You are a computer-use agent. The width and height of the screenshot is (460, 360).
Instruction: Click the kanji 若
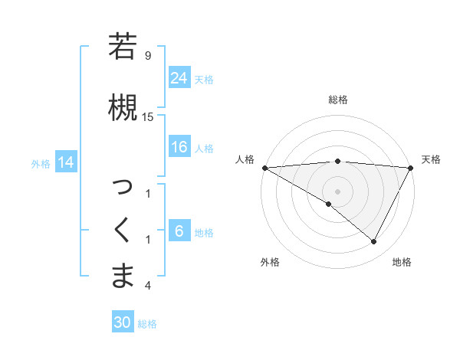pyautogui.click(x=123, y=47)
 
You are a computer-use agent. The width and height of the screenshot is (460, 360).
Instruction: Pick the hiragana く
pyautogui.click(x=123, y=231)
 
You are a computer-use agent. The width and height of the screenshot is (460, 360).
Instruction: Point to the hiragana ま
pyautogui.click(x=123, y=277)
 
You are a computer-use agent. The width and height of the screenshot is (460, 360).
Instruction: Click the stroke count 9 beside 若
pyautogui.click(x=148, y=56)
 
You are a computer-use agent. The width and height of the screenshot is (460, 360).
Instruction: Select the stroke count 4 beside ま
pyautogui.click(x=148, y=286)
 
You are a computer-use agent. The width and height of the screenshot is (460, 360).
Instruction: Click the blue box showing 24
pyautogui.click(x=179, y=78)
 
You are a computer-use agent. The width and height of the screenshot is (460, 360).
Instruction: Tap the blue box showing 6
pyautogui.click(x=179, y=231)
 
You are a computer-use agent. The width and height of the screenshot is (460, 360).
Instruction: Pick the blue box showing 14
pyautogui.click(x=66, y=162)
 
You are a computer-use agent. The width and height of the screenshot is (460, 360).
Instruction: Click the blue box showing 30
pyautogui.click(x=123, y=323)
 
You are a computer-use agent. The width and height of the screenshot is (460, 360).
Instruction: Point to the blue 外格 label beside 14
pyautogui.click(x=41, y=163)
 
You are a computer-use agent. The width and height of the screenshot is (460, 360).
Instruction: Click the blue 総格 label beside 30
pyautogui.click(x=147, y=324)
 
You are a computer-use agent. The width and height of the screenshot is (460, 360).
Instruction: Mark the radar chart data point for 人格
pyautogui.click(x=264, y=167)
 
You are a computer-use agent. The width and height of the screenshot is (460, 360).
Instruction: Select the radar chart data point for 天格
pyautogui.click(x=411, y=167)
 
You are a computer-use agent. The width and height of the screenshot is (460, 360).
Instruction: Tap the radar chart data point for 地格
pyautogui.click(x=374, y=242)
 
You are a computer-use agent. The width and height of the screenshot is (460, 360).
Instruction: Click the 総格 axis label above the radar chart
pyautogui.click(x=338, y=100)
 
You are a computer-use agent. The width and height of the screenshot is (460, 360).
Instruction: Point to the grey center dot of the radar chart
pyautogui.click(x=338, y=191)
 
